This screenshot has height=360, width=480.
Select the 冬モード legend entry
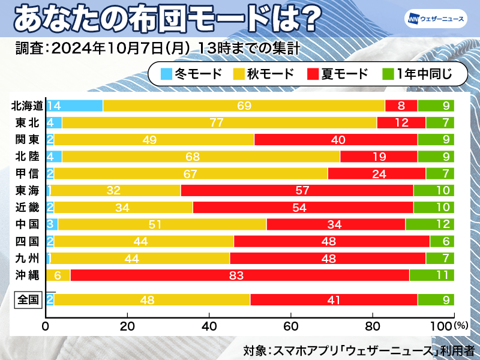(x=192, y=74)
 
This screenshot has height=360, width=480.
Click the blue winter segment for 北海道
(x=74, y=106)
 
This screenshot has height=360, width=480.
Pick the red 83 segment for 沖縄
(x=240, y=275)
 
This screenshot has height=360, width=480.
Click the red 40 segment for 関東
(x=336, y=140)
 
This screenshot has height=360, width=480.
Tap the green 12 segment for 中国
(x=430, y=224)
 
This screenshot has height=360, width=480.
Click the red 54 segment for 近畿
(x=303, y=208)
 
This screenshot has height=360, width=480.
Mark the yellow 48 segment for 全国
(x=152, y=299)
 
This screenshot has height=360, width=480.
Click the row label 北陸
(x=28, y=157)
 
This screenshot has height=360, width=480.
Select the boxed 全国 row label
(x=28, y=299)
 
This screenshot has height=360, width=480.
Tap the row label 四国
(x=28, y=241)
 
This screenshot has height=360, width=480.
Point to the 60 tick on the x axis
(x=290, y=328)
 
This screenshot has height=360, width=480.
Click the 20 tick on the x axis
(x=127, y=328)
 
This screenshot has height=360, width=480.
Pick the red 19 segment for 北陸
(x=379, y=157)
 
